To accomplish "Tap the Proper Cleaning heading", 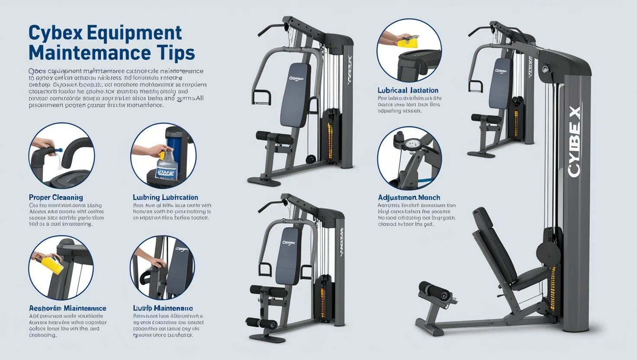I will coord(56,197).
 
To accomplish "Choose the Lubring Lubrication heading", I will coord(165,197).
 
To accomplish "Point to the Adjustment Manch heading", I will coord(409,197).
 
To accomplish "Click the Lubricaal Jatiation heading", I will coord(408,90).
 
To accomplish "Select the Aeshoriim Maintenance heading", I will coord(68,309).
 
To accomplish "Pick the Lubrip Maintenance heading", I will coord(163,309).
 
